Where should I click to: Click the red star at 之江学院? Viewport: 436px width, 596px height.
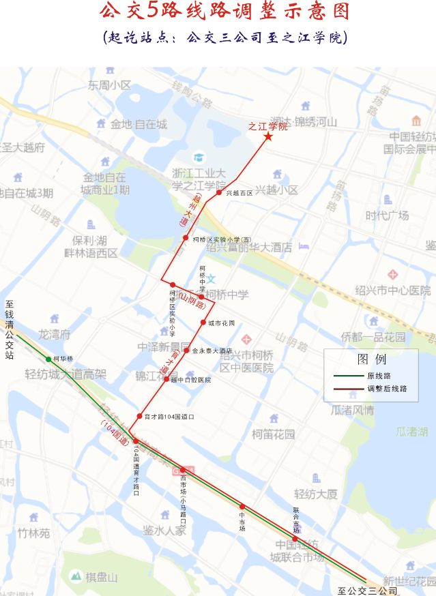point(268,138)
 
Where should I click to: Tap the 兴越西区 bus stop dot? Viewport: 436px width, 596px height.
point(219,193)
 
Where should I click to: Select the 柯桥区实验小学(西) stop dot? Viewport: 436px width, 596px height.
point(186,238)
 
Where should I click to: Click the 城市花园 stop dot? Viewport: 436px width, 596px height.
point(203,323)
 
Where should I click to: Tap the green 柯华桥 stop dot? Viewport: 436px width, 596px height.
point(48,359)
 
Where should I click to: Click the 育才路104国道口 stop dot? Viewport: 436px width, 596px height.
point(140,415)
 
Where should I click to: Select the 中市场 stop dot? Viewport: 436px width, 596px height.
point(242,506)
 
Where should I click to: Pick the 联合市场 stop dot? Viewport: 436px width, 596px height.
point(295,539)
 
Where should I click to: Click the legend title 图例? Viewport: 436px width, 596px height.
point(371,359)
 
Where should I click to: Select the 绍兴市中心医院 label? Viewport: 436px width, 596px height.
point(392,290)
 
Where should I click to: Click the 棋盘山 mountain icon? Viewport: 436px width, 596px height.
point(75,576)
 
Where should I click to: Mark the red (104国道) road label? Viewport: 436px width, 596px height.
point(115,434)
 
